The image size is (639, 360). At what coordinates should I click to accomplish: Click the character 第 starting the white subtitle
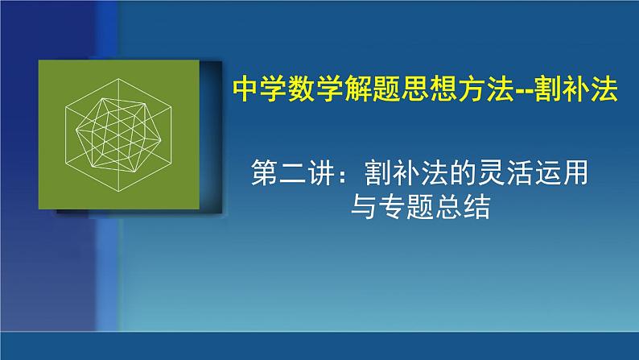266,173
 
